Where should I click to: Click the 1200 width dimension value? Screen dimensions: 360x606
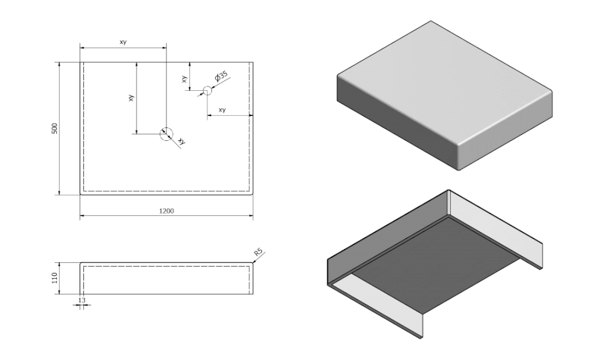[167, 211]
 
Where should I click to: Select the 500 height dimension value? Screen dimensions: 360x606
[54, 129]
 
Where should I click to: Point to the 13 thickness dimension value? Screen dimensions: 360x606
[81, 300]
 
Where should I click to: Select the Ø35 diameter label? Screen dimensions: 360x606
[221, 77]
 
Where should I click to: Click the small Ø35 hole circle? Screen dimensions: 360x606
[207, 91]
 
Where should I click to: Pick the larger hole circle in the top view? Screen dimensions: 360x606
[166, 133]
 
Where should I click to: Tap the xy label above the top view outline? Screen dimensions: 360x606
[123, 42]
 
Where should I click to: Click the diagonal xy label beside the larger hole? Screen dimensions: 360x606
[181, 140]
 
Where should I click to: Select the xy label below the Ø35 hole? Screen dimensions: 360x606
[222, 110]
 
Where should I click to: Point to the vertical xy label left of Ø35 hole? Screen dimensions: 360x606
[184, 78]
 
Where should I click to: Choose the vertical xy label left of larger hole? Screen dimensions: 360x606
[131, 98]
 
